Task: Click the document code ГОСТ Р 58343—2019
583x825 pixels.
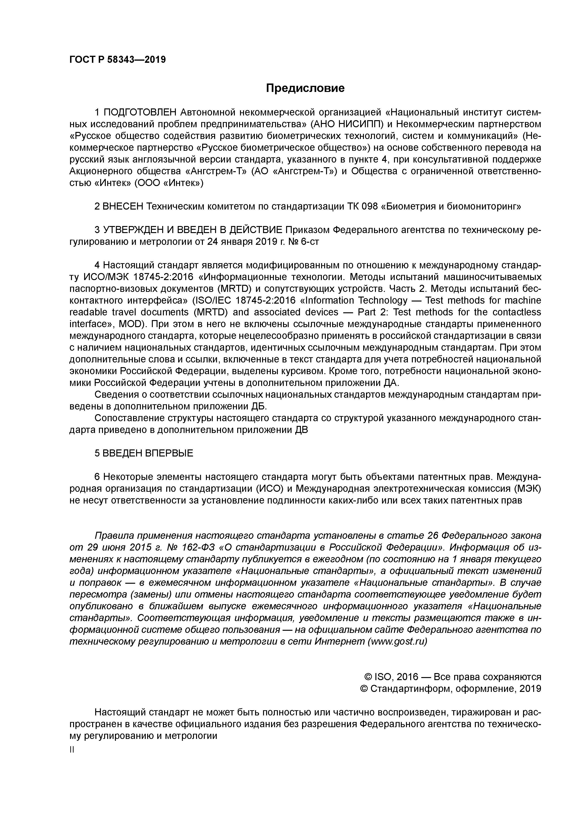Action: point(118,60)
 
